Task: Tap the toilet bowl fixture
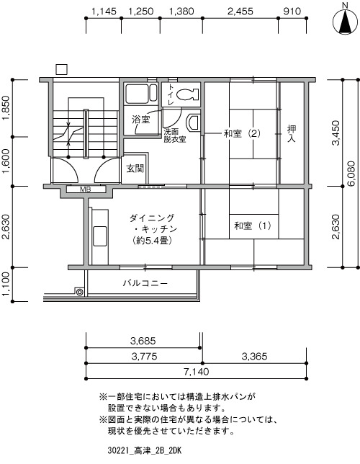[187, 94]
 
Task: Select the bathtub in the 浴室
[141, 94]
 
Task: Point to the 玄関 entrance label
[135, 169]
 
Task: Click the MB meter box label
[86, 189]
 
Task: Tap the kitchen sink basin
[100, 236]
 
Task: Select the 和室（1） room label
[253, 226]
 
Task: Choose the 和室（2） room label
[242, 134]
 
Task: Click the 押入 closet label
[292, 133]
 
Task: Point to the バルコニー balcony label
[145, 283]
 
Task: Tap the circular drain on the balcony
[79, 292]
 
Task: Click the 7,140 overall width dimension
[196, 371]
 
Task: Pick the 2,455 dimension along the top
[240, 12]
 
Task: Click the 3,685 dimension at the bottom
[143, 341]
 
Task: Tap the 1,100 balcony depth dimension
[6, 285]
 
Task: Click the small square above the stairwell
[61, 69]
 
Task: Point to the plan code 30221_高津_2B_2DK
[144, 451]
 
